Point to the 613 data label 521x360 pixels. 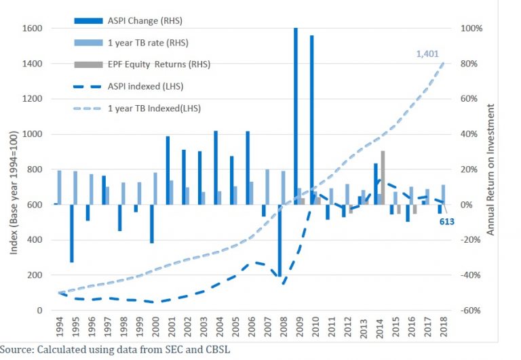pyautogui.click(x=446, y=221)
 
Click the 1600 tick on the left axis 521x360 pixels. pyautogui.click(x=32, y=28)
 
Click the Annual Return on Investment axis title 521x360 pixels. pyautogui.click(x=493, y=169)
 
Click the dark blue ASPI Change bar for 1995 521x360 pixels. pyautogui.click(x=71, y=233)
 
